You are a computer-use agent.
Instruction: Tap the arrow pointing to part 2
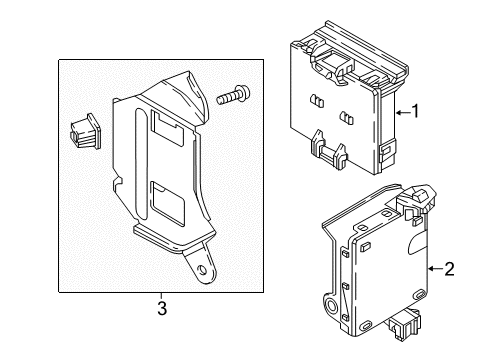(431, 269)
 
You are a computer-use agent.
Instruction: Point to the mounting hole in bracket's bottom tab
(204, 269)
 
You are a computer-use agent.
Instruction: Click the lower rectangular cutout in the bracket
(165, 204)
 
